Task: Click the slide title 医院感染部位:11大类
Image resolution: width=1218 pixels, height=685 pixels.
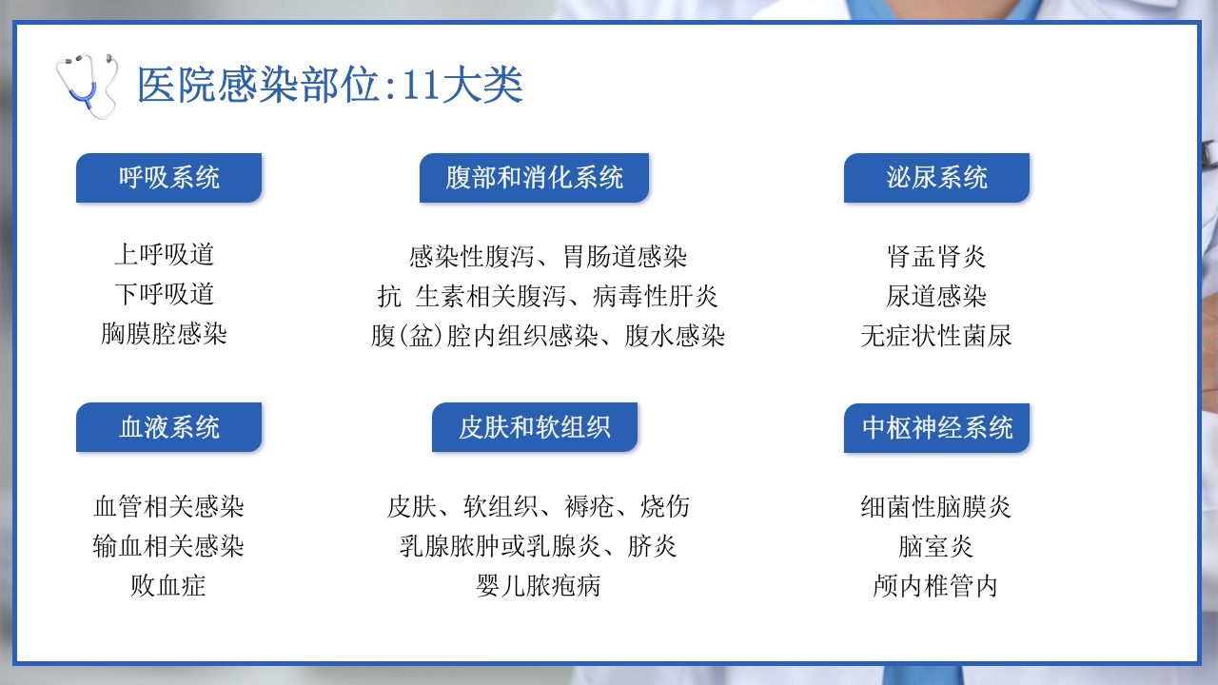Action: coord(329,86)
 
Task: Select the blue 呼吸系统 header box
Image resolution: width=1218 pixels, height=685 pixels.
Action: coord(168,178)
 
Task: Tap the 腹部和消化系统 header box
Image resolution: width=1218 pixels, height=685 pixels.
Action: coord(534,178)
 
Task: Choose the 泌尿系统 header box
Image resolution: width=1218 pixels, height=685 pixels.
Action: coord(936,178)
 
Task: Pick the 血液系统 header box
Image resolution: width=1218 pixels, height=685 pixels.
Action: coord(168,427)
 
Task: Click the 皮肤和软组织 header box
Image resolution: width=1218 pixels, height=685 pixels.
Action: coord(534,427)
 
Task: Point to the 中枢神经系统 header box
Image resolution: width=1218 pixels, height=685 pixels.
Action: coord(936,427)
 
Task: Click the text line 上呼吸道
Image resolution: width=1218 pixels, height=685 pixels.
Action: coord(164,255)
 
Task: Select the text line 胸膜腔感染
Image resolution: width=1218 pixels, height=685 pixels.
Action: coord(164,334)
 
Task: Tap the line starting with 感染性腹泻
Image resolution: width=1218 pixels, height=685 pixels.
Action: coord(547,257)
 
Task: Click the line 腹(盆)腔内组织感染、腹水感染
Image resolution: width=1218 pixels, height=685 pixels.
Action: coord(547,336)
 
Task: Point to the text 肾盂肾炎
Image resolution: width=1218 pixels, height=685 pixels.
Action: coord(936,257)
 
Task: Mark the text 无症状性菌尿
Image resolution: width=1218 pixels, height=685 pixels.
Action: coord(936,336)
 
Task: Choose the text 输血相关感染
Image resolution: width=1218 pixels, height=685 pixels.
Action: coord(168,546)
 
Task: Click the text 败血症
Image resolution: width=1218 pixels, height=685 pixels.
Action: coord(168,585)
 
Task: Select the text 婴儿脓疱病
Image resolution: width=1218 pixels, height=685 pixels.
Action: coord(539,585)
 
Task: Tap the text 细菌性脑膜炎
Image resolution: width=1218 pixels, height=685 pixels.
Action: coord(936,507)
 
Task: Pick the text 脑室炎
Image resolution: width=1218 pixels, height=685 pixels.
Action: coord(936,546)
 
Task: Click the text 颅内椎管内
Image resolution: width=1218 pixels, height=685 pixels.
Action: coord(936,585)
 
